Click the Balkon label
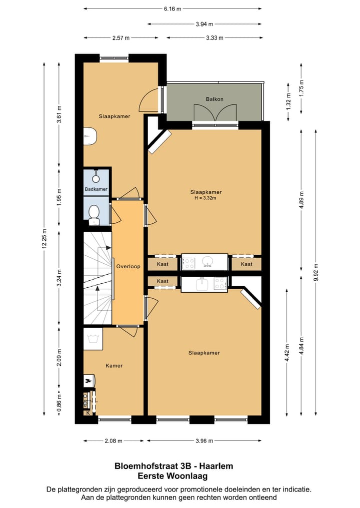214,99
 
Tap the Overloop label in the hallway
128,266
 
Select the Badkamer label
96,189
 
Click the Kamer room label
114,366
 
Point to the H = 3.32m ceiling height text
205,198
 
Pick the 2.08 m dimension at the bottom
113,441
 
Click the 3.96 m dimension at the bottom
203,441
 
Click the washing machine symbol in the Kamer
93,338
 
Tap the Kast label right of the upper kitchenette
246,264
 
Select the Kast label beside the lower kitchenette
162,281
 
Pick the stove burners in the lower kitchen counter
219,283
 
